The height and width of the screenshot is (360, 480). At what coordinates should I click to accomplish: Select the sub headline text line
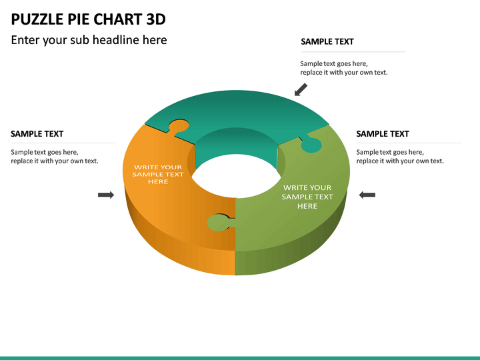tap(89, 40)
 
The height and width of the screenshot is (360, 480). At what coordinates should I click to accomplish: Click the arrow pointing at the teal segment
tap(301, 89)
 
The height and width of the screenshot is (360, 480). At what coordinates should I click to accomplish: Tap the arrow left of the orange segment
tap(105, 195)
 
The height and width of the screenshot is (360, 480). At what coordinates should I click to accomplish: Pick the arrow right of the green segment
tap(367, 195)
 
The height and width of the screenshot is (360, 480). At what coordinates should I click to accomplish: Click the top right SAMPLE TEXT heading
tap(327, 41)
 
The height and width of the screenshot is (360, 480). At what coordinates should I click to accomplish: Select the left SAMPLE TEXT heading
tap(37, 134)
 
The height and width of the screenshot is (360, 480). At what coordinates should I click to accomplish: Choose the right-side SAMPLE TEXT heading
tap(383, 134)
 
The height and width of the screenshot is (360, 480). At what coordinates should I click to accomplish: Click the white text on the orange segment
tap(158, 174)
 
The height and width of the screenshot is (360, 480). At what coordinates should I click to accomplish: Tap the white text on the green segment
tap(307, 197)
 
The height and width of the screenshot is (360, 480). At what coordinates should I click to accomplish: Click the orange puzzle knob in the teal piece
tap(178, 126)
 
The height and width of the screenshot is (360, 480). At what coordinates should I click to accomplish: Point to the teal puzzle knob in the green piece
tap(311, 144)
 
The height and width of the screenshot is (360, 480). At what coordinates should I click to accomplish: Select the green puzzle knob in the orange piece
tap(218, 223)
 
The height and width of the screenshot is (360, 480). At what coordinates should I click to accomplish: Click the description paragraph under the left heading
tap(54, 157)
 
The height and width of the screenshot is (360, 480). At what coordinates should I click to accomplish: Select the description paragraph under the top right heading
tap(343, 67)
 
